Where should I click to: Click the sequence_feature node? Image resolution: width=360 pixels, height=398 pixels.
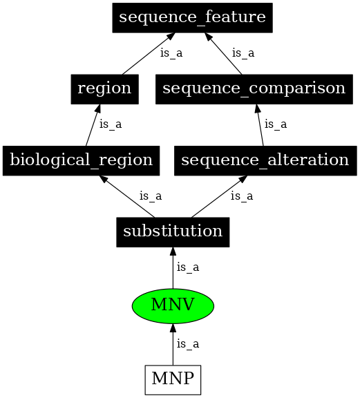pyautogui.click(x=193, y=18)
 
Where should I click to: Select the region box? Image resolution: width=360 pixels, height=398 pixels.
pyautogui.click(x=104, y=89)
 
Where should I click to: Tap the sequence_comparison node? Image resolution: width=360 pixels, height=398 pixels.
pyautogui.click(x=254, y=89)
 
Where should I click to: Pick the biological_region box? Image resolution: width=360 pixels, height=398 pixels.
pyautogui.click(x=82, y=161)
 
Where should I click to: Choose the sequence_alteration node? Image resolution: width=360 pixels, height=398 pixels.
pyautogui.click(x=265, y=161)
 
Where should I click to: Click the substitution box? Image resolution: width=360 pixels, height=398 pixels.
pyautogui.click(x=173, y=232)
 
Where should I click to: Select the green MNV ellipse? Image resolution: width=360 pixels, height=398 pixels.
pyautogui.click(x=173, y=306)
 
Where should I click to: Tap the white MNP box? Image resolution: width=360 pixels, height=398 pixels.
pyautogui.click(x=173, y=380)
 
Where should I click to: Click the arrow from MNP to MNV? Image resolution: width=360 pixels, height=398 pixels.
pyautogui.click(x=173, y=344)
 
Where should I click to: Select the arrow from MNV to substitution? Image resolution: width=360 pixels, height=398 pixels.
pyautogui.click(x=173, y=268)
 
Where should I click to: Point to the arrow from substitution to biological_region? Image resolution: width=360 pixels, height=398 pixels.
pyautogui.click(x=126, y=196)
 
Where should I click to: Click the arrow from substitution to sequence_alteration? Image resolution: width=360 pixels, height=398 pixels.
pyautogui.click(x=219, y=196)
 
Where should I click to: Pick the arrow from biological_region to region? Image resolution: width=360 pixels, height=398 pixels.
pyautogui.click(x=93, y=125)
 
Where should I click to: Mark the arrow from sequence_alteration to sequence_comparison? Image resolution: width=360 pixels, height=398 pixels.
pyautogui.click(x=260, y=125)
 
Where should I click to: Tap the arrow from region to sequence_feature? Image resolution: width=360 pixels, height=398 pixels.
pyautogui.click(x=149, y=54)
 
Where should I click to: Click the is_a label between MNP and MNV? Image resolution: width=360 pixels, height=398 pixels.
pyautogui.click(x=188, y=344)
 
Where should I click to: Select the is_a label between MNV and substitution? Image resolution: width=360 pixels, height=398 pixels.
pyautogui.click(x=188, y=267)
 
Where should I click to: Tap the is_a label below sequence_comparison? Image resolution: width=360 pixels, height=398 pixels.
pyautogui.click(x=276, y=124)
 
